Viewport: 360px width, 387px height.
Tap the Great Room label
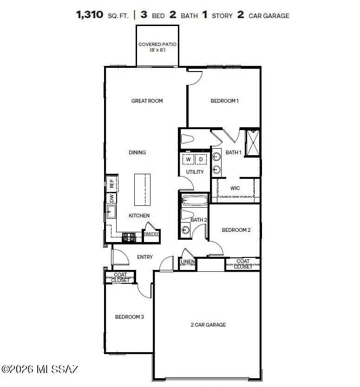point(147,101)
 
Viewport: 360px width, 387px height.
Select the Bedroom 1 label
point(224,101)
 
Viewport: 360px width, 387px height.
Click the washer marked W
point(189,159)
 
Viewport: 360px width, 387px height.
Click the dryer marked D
point(201,159)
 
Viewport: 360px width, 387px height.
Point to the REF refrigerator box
point(111,184)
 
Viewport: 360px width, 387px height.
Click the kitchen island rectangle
point(143,190)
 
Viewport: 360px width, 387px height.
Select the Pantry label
point(151,234)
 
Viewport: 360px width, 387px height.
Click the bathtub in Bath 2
point(193,201)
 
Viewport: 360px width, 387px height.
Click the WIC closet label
point(235,189)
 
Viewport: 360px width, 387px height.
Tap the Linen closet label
point(187,262)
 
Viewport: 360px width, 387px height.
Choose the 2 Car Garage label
point(208,325)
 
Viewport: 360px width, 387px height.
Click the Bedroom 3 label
point(129,317)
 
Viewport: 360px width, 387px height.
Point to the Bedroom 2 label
point(236,230)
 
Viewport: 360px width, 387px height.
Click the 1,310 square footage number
point(90,15)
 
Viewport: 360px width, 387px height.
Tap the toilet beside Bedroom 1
point(188,139)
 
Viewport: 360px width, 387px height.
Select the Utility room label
point(195,172)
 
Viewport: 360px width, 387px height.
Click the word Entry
point(145,257)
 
